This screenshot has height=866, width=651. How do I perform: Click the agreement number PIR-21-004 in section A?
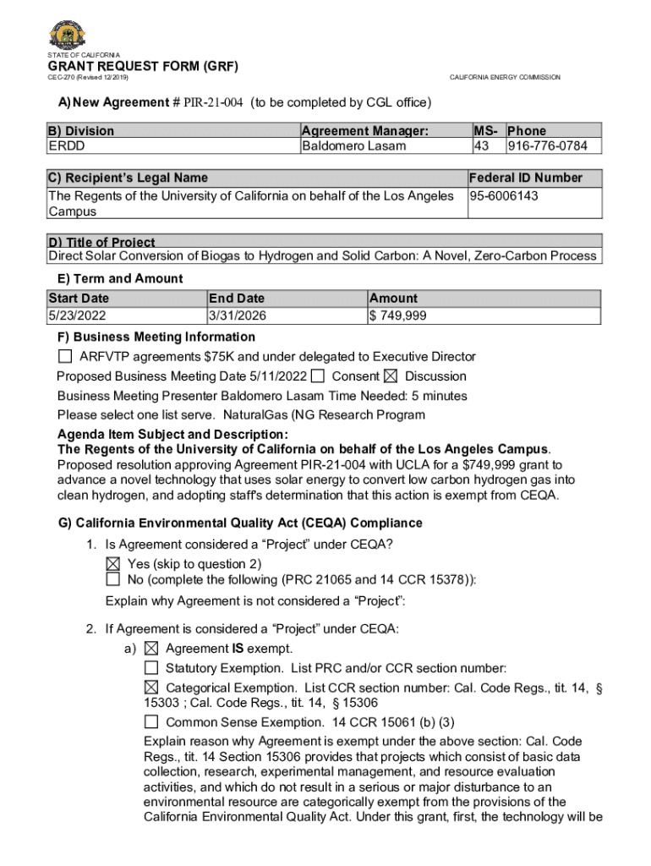[x=213, y=102]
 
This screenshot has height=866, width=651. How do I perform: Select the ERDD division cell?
[x=67, y=145]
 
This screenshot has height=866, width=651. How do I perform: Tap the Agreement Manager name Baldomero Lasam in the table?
[x=353, y=145]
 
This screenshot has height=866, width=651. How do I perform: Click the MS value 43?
[x=482, y=145]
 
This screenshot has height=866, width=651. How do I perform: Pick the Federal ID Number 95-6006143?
[x=505, y=196]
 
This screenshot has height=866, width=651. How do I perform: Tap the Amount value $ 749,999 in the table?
[x=397, y=316]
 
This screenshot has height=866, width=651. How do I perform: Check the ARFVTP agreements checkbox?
[x=65, y=357]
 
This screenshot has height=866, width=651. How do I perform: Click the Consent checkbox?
[x=318, y=376]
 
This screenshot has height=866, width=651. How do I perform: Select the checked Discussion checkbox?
[x=391, y=376]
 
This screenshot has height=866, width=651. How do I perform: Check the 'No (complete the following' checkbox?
[x=113, y=579]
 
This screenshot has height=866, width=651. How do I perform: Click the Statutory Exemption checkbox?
[x=151, y=668]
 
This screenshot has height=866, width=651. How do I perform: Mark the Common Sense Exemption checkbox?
[x=151, y=723]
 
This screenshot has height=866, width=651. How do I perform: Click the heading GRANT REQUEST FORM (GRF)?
[x=143, y=66]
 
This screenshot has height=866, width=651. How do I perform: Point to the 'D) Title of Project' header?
[x=101, y=242]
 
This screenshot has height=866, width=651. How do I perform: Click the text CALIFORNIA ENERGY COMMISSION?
[x=505, y=78]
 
